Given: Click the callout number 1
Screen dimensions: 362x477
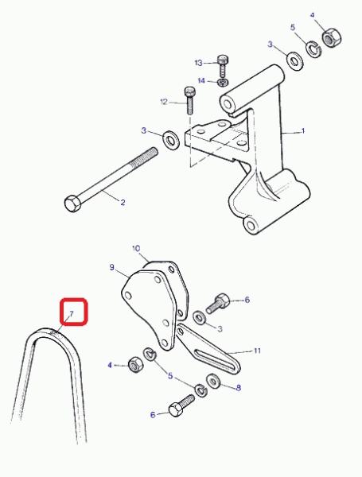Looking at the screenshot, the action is [x=303, y=131].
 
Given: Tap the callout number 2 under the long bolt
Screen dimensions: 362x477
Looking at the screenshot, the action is [x=123, y=202].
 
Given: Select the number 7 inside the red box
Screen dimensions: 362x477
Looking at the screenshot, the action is [x=72, y=313].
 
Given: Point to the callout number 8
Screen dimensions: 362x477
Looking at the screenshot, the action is [x=239, y=388].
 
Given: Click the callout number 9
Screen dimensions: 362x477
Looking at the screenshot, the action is [x=111, y=267].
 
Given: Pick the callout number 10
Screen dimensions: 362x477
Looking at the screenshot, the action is [x=136, y=249].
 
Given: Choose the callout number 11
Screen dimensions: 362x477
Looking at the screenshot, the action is [x=258, y=351].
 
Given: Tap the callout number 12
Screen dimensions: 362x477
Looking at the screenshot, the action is [x=164, y=102].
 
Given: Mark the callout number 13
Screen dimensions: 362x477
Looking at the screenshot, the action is [x=199, y=63].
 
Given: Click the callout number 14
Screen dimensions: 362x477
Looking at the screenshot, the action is [x=201, y=80].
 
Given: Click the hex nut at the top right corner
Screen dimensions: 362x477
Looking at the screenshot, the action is [x=331, y=37].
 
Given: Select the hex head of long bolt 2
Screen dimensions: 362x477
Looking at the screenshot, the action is [x=72, y=204].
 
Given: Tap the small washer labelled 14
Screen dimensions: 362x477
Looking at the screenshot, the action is [x=224, y=82].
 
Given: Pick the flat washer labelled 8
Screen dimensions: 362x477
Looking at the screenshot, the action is [x=214, y=381].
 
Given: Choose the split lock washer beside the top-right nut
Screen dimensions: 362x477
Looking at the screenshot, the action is [x=313, y=48].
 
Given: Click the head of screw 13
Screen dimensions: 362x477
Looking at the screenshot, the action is [x=224, y=60].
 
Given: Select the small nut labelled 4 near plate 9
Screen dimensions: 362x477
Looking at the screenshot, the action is [x=135, y=364].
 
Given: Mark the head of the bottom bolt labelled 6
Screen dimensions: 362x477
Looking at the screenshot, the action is [x=176, y=410].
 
